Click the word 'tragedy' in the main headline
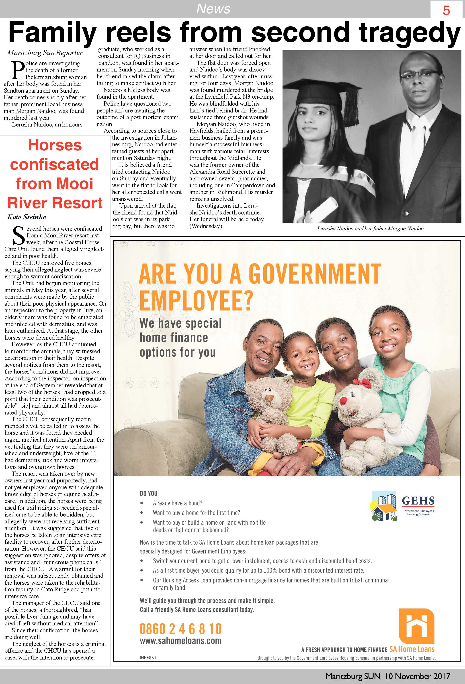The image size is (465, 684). point(409,33)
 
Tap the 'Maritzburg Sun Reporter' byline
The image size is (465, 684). point(45,53)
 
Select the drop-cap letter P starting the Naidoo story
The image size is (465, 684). point(18,70)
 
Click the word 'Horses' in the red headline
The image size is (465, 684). point(55,145)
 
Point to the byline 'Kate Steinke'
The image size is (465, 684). point(27,217)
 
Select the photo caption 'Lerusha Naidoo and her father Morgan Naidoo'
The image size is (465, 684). point(370,228)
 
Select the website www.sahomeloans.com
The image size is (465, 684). point(180,641)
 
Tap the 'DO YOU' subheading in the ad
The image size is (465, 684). point(148,494)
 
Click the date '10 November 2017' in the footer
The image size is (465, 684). point(418,676)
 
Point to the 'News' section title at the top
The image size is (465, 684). point(213,8)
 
